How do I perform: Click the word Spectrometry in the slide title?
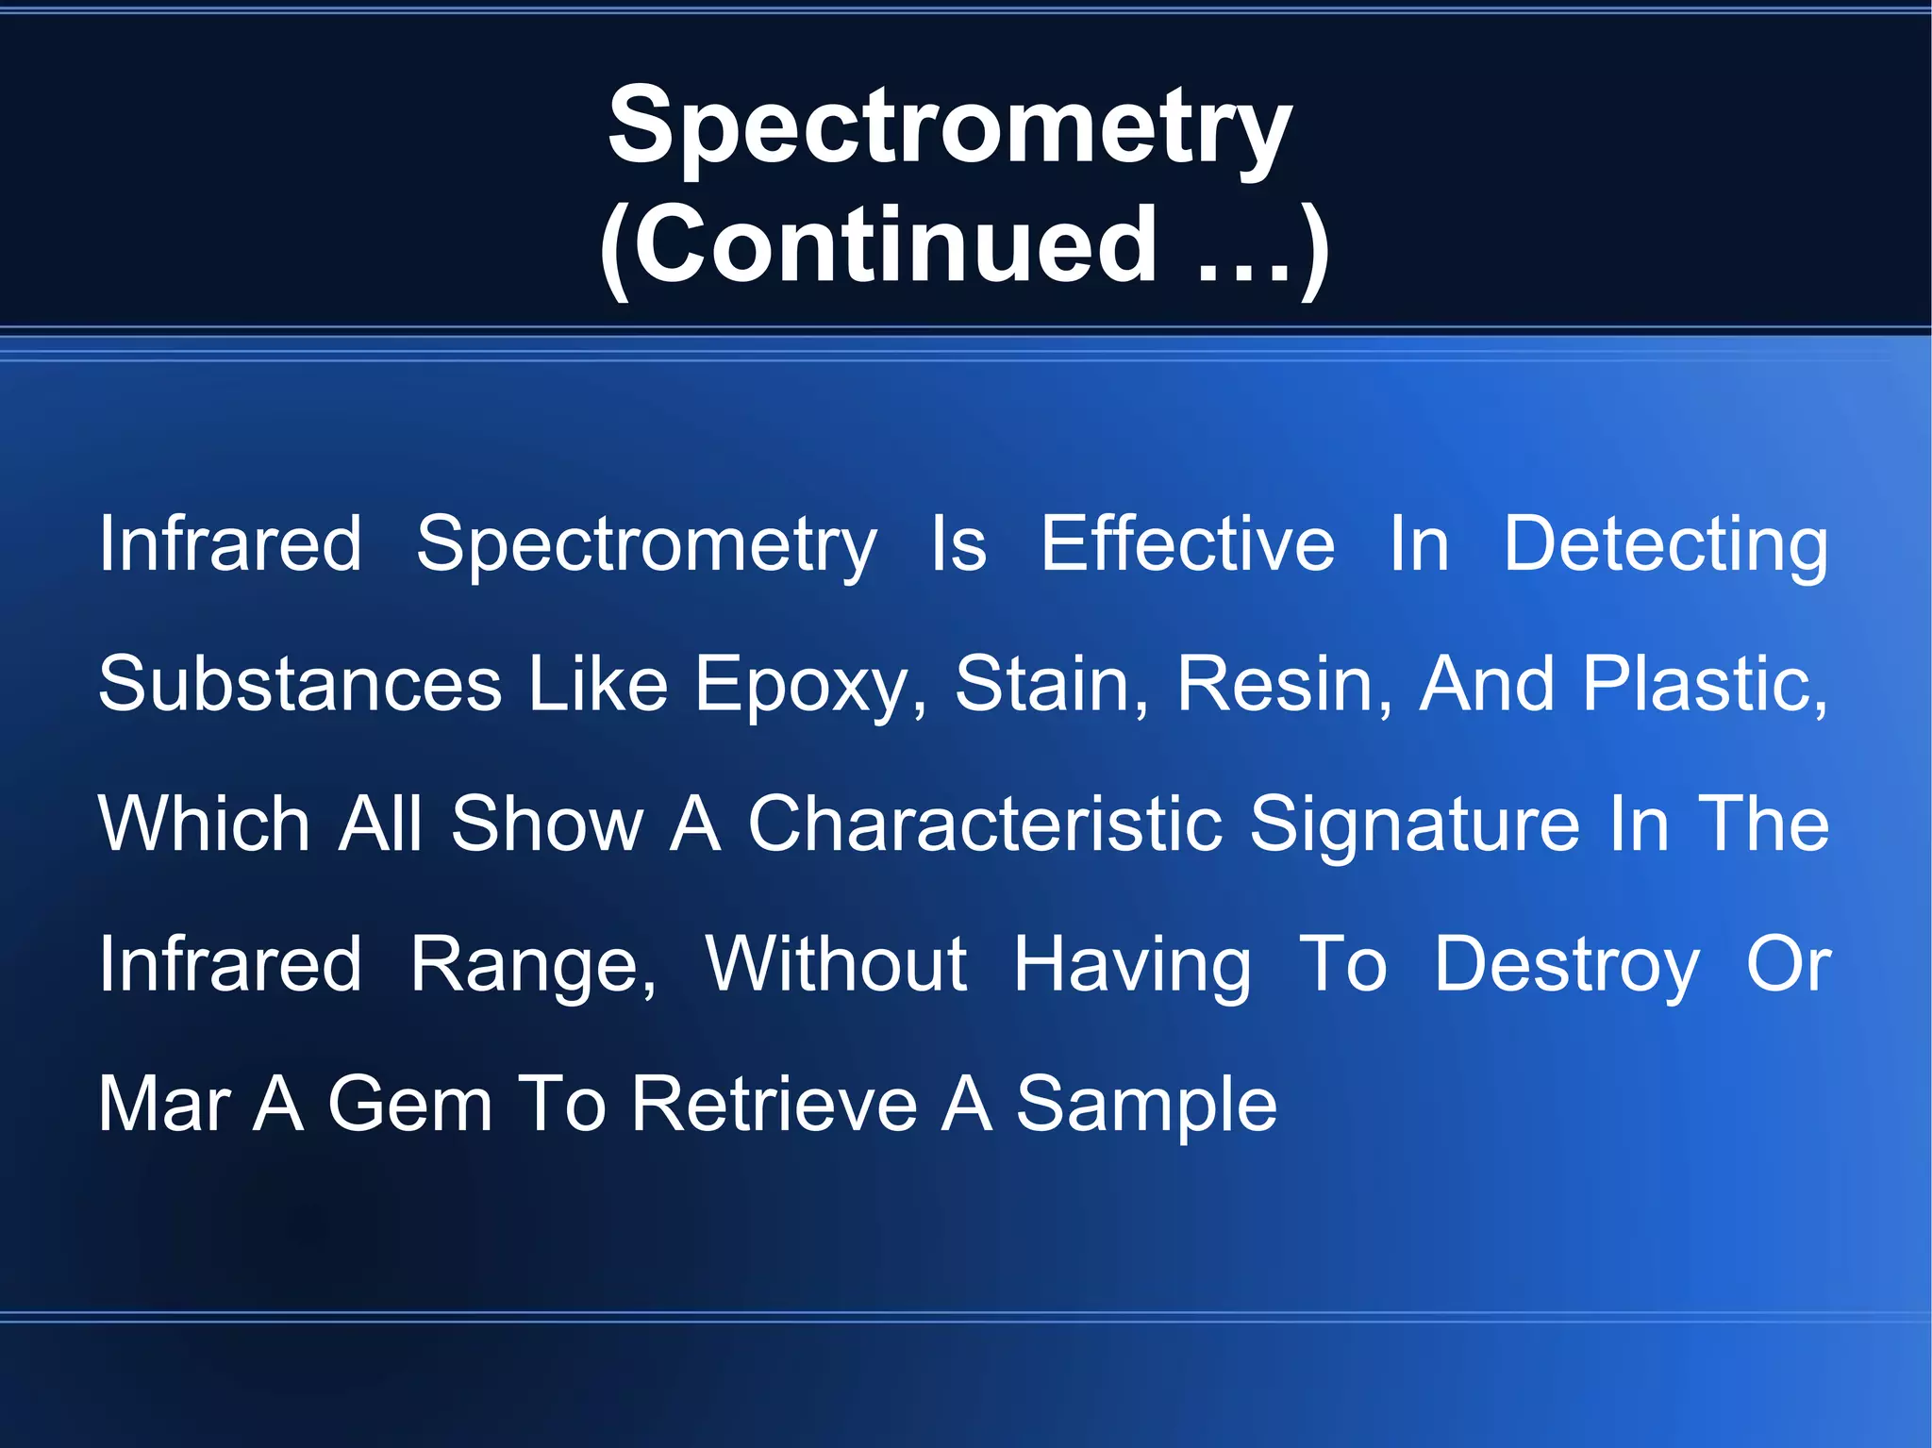pos(949,126)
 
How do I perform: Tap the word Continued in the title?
pos(894,245)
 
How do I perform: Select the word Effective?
pos(1188,544)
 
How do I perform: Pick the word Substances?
pos(300,684)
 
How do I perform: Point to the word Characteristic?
pos(985,824)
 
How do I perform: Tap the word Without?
pos(836,964)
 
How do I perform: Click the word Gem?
pos(409,1104)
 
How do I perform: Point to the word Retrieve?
pos(774,1104)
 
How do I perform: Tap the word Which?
pos(204,824)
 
